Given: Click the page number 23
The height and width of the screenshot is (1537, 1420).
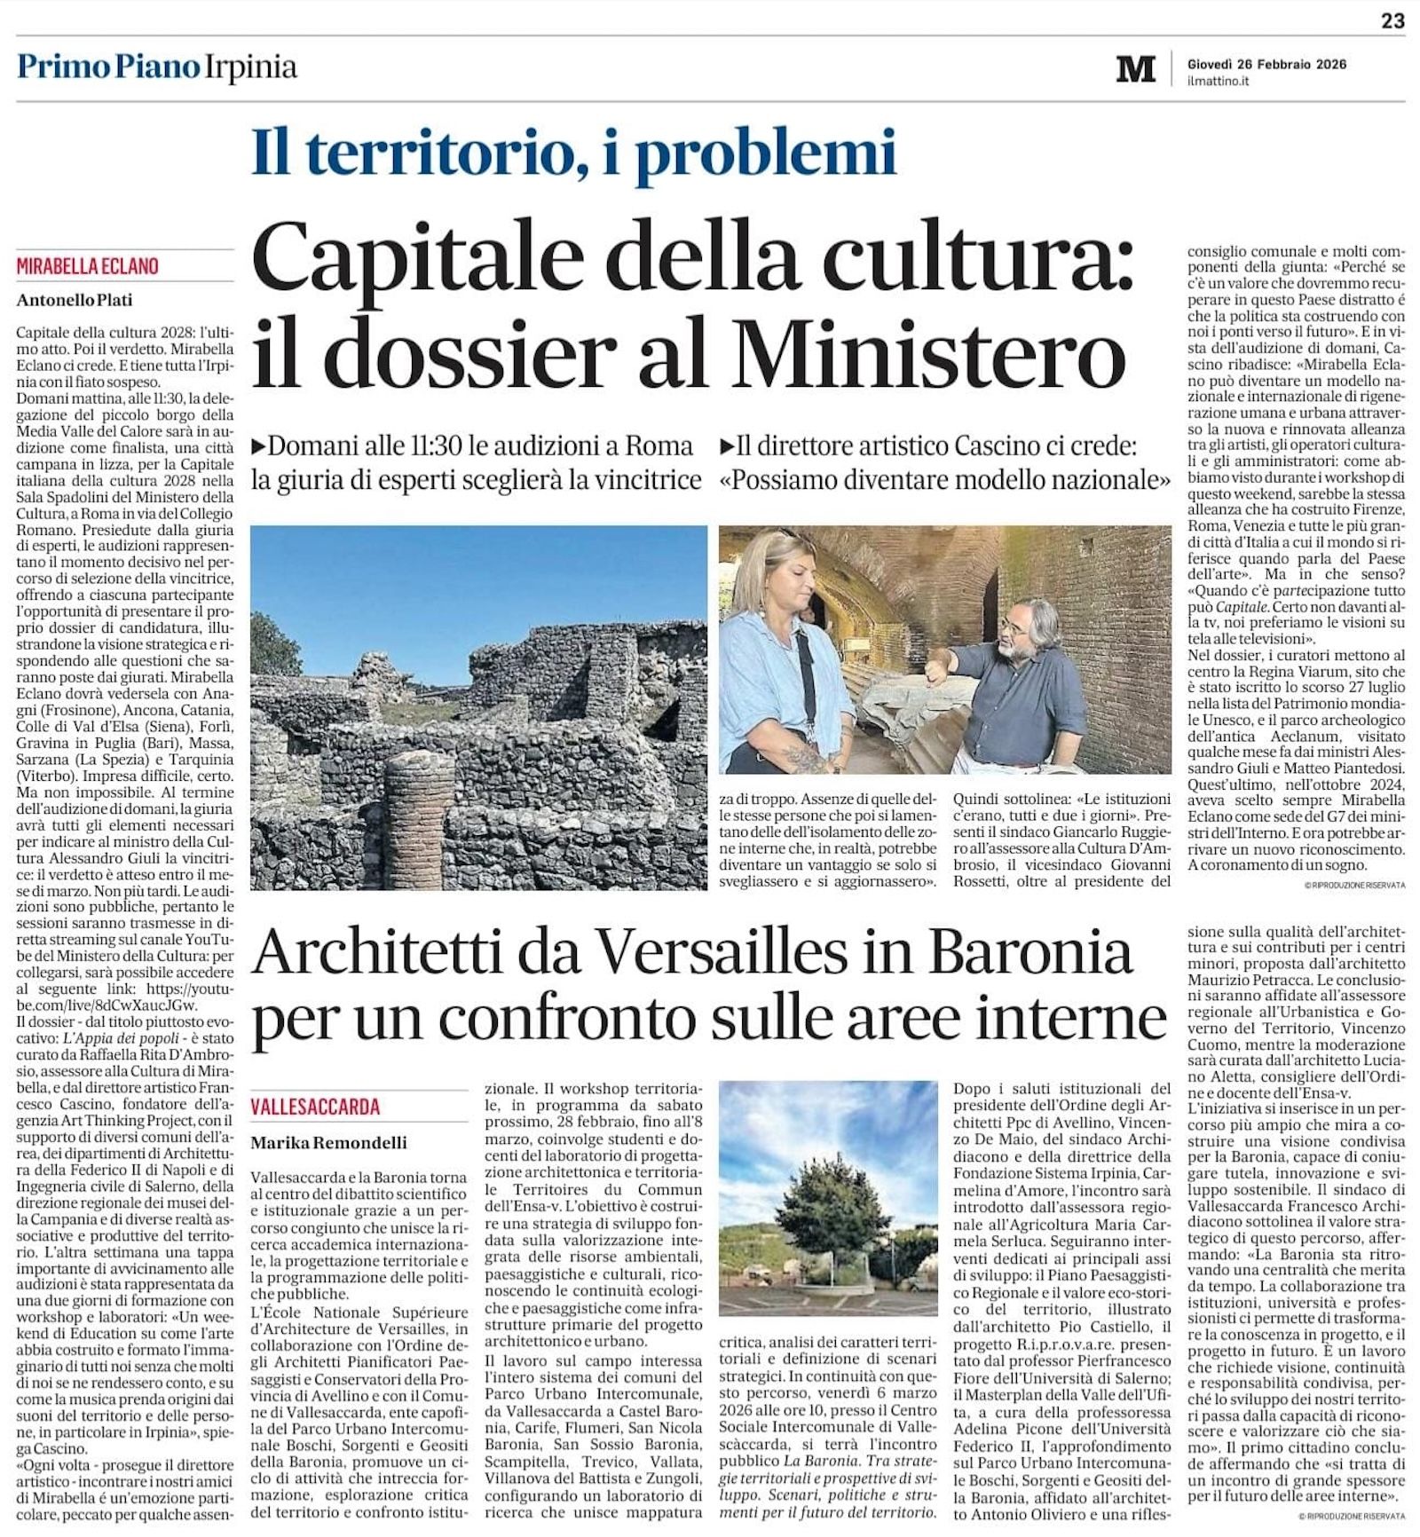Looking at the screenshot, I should (x=1392, y=20).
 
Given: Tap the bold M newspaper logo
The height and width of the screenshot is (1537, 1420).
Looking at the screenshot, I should (x=1135, y=69).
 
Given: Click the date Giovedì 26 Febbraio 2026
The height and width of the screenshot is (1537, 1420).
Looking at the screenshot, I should (x=1266, y=64).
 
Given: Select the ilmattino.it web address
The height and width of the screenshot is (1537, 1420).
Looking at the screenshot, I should (x=1218, y=81).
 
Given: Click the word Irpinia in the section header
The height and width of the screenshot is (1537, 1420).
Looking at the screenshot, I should (x=251, y=67).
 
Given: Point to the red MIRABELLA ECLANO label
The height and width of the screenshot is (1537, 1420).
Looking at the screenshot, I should (x=87, y=266).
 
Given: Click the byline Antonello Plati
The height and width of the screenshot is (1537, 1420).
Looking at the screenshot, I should (x=75, y=301).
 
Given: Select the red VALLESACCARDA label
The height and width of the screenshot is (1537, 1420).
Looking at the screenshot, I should (x=315, y=1107).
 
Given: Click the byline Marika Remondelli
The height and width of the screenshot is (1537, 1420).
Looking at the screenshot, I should (x=328, y=1142).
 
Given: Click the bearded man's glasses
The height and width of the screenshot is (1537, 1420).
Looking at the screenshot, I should (x=1015, y=627).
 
